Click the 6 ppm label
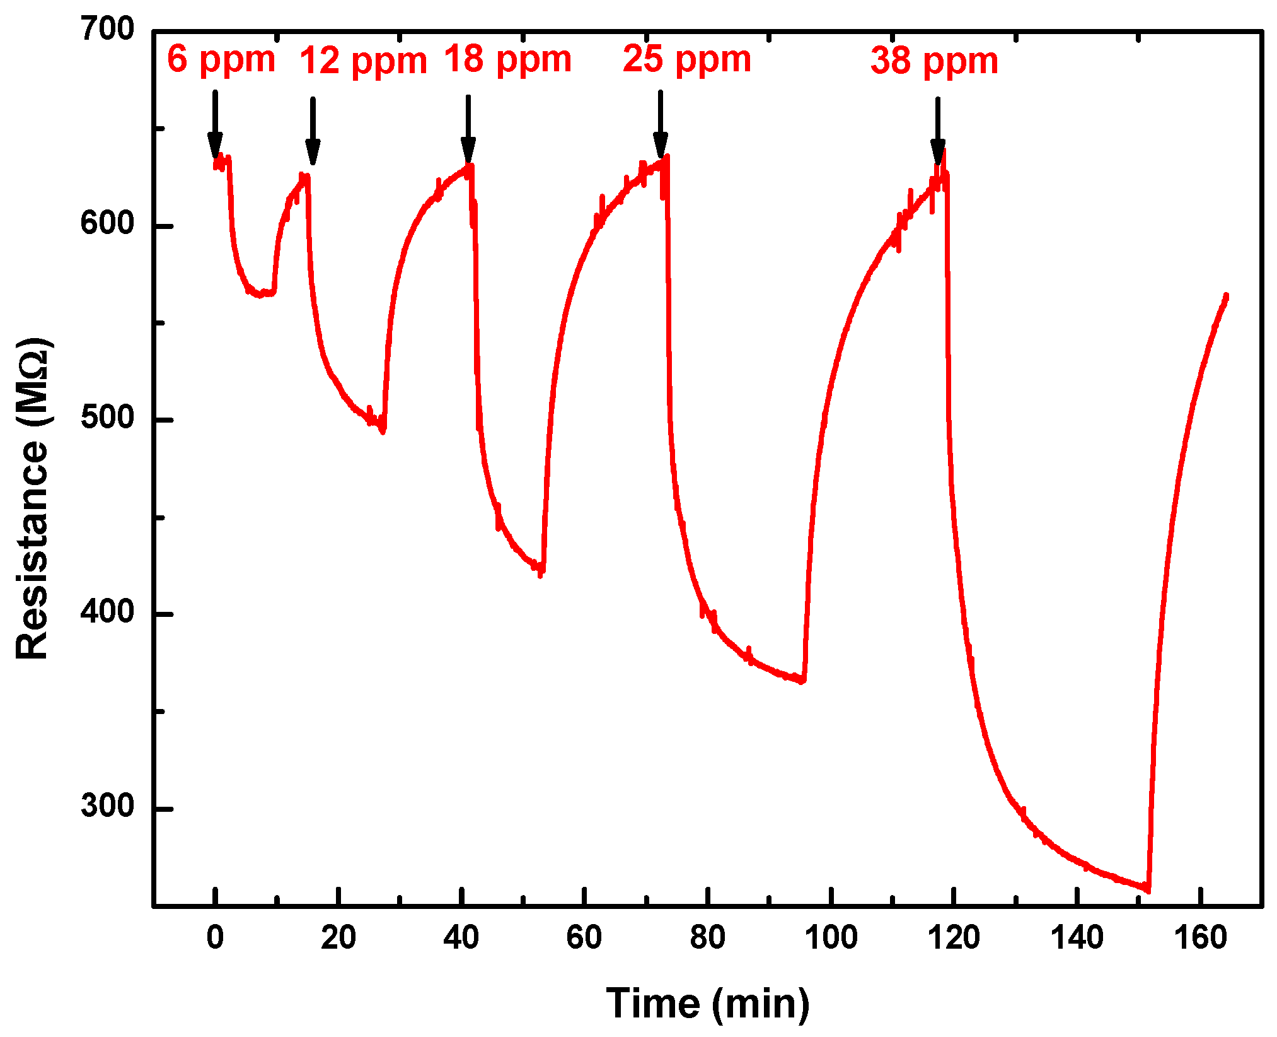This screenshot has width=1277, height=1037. tap(221, 60)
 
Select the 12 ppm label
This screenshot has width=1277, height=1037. tap(363, 61)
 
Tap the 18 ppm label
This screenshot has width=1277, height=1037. tap(508, 60)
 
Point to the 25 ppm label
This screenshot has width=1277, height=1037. tap(687, 60)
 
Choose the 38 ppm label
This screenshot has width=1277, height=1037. tap(934, 61)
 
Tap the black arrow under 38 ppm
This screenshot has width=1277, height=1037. tap(937, 131)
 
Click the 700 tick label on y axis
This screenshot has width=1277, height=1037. tap(108, 30)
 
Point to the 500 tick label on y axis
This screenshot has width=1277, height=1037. tap(108, 418)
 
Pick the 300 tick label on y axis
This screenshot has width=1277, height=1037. tap(108, 807)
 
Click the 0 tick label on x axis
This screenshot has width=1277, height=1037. tap(215, 938)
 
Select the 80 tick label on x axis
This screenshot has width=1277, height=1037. tap(708, 938)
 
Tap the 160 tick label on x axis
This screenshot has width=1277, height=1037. tap(1200, 938)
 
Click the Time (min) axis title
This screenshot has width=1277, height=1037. tap(707, 1004)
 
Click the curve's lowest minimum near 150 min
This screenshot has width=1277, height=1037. tap(1148, 890)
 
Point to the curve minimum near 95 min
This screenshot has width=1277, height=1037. tap(802, 681)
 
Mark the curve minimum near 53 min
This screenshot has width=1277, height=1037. tap(541, 571)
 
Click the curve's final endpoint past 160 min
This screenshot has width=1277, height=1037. tap(1226, 295)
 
